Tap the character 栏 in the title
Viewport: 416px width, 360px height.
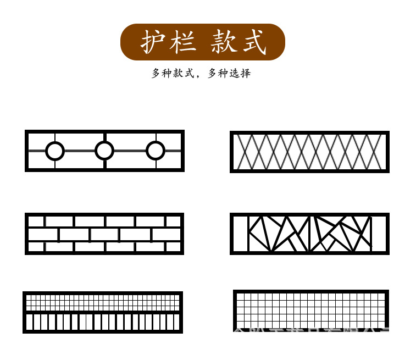tap(182, 42)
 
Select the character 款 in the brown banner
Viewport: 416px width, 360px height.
tap(224, 42)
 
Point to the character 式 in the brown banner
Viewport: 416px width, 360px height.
tap(254, 42)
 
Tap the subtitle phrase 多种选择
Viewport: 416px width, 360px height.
tap(229, 73)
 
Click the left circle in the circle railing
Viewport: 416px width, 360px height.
tap(54, 151)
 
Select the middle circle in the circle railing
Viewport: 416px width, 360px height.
tap(104, 151)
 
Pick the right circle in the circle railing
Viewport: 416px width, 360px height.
tap(156, 151)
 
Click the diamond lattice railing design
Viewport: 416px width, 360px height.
tap(309, 152)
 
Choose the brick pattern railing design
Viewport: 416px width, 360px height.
tap(104, 234)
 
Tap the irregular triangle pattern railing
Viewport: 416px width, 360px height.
tap(309, 234)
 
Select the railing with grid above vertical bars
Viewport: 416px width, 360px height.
tap(103, 312)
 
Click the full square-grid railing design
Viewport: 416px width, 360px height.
tap(311, 311)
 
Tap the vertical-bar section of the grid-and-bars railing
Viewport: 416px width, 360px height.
tap(103, 322)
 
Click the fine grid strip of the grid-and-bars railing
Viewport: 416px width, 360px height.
tap(103, 302)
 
